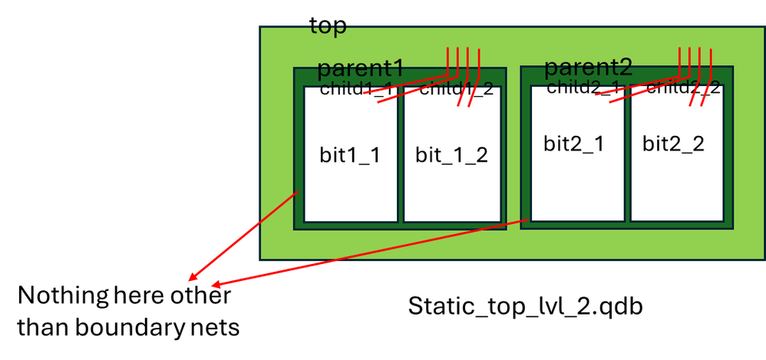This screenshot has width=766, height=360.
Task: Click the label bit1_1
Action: (350, 155)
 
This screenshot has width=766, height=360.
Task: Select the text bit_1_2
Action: (451, 155)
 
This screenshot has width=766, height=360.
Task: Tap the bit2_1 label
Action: (573, 144)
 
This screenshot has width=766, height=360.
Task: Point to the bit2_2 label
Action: (673, 144)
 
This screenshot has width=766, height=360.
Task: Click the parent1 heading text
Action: (360, 68)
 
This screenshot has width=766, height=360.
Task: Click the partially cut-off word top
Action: (328, 28)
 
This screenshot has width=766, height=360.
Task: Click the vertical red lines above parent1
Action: (463, 61)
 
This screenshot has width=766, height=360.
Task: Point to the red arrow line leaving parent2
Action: (368, 254)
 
